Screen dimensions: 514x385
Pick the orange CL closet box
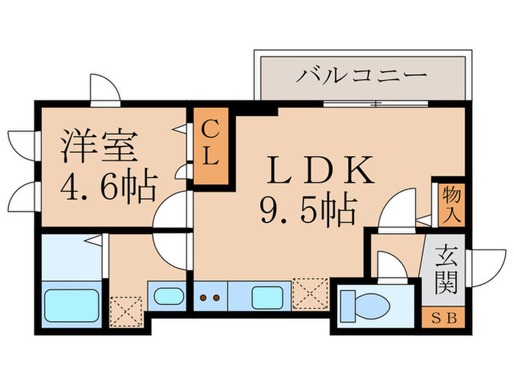(x=211, y=146)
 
